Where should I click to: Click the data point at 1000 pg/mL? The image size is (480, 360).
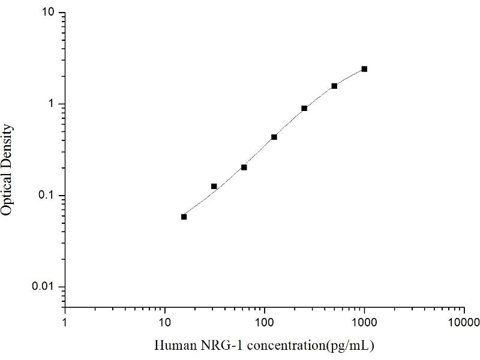click(x=364, y=69)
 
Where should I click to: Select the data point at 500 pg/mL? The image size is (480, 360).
click(x=334, y=86)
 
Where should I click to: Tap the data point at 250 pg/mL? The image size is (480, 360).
click(x=304, y=108)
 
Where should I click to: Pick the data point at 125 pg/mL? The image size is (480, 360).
click(x=274, y=137)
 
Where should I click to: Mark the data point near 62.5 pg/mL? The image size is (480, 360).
click(x=244, y=167)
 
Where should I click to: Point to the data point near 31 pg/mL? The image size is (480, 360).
click(x=214, y=187)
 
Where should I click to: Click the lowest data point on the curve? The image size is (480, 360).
click(x=184, y=217)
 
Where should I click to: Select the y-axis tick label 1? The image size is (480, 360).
click(x=53, y=104)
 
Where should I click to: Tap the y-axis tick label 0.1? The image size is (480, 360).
click(x=49, y=196)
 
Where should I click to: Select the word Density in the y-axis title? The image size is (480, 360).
click(x=8, y=145)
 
